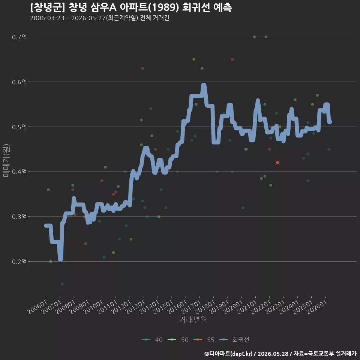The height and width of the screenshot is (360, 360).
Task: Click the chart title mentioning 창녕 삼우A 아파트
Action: point(131,7)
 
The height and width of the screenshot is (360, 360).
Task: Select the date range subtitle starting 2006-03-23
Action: point(100,18)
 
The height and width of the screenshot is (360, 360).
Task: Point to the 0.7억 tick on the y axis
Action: point(19,37)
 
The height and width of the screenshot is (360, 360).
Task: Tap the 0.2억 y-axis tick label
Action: point(19,261)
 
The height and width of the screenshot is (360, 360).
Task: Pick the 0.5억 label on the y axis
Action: point(19,127)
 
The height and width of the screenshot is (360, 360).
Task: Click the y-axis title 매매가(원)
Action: point(6,160)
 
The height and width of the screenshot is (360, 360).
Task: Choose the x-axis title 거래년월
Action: point(193,319)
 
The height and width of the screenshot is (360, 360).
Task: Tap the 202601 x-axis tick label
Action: point(317,307)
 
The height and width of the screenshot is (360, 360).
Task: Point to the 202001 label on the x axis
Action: point(233,307)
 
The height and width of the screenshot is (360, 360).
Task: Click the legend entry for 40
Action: point(152,340)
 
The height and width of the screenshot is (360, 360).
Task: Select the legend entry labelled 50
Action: point(178,340)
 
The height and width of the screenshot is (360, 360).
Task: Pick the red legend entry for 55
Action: point(204,340)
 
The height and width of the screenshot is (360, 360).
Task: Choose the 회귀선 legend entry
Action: point(234,340)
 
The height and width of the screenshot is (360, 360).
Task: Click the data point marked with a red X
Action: point(278,163)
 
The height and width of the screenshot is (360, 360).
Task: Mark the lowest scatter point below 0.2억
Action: point(62,284)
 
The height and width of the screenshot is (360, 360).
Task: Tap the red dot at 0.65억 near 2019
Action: point(232,59)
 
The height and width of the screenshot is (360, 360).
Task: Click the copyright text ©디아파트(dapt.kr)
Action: point(228,354)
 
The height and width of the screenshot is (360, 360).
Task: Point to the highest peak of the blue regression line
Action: point(204,85)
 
